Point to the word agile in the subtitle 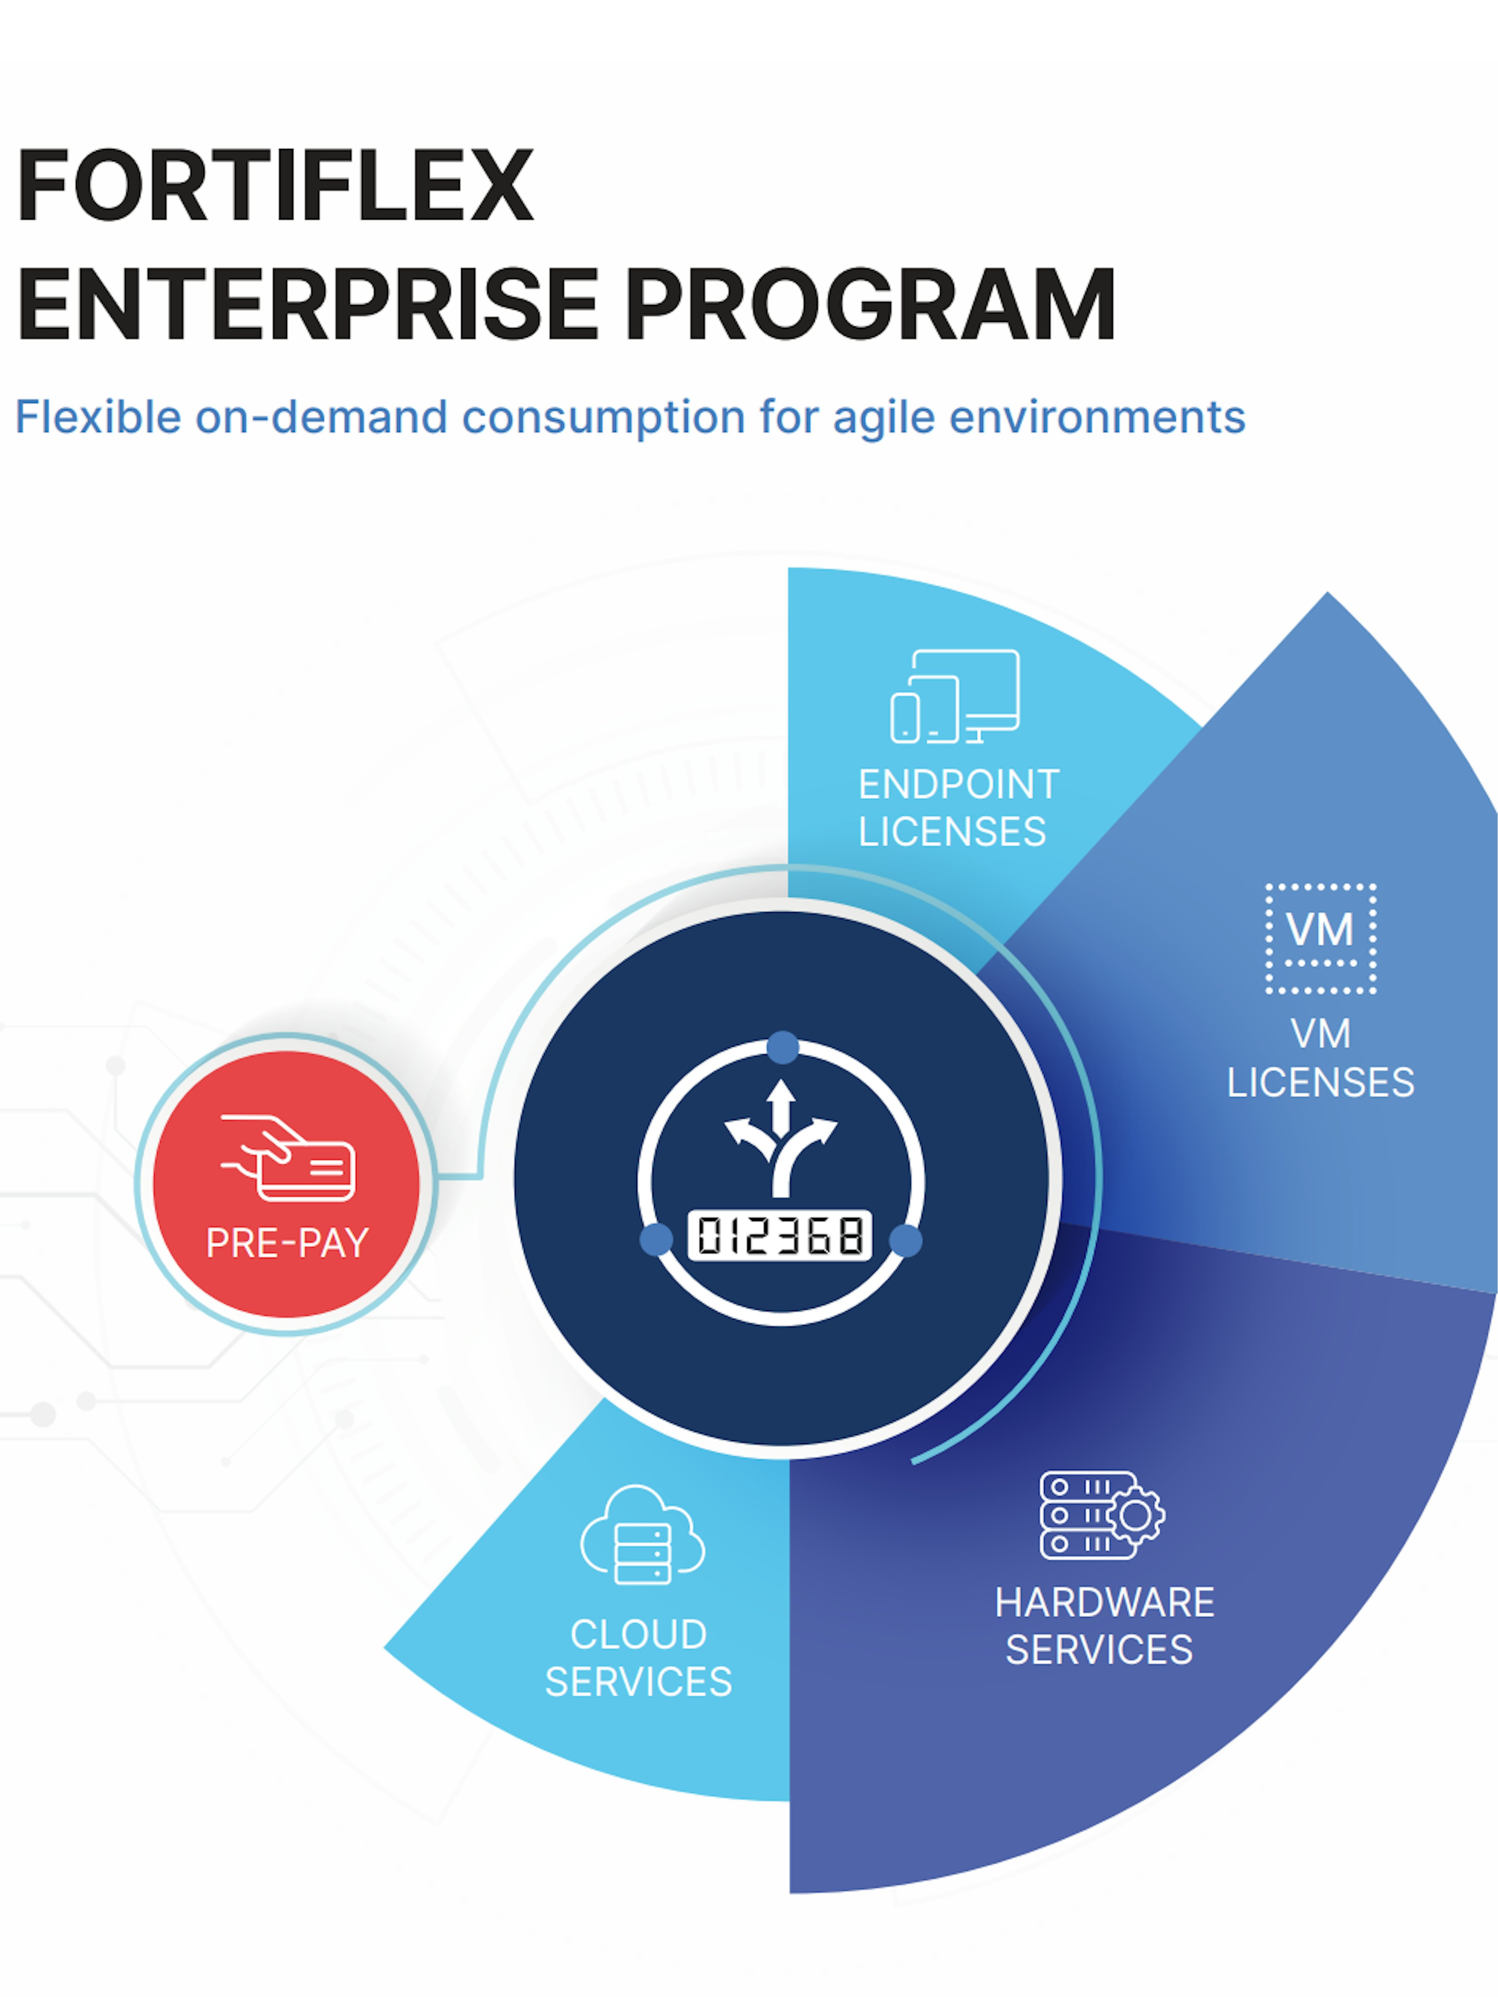click(x=883, y=418)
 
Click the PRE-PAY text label click(x=287, y=1243)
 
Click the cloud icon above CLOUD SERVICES click(x=642, y=1535)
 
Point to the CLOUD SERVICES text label click(x=638, y=1658)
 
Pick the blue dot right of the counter click(x=906, y=1240)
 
